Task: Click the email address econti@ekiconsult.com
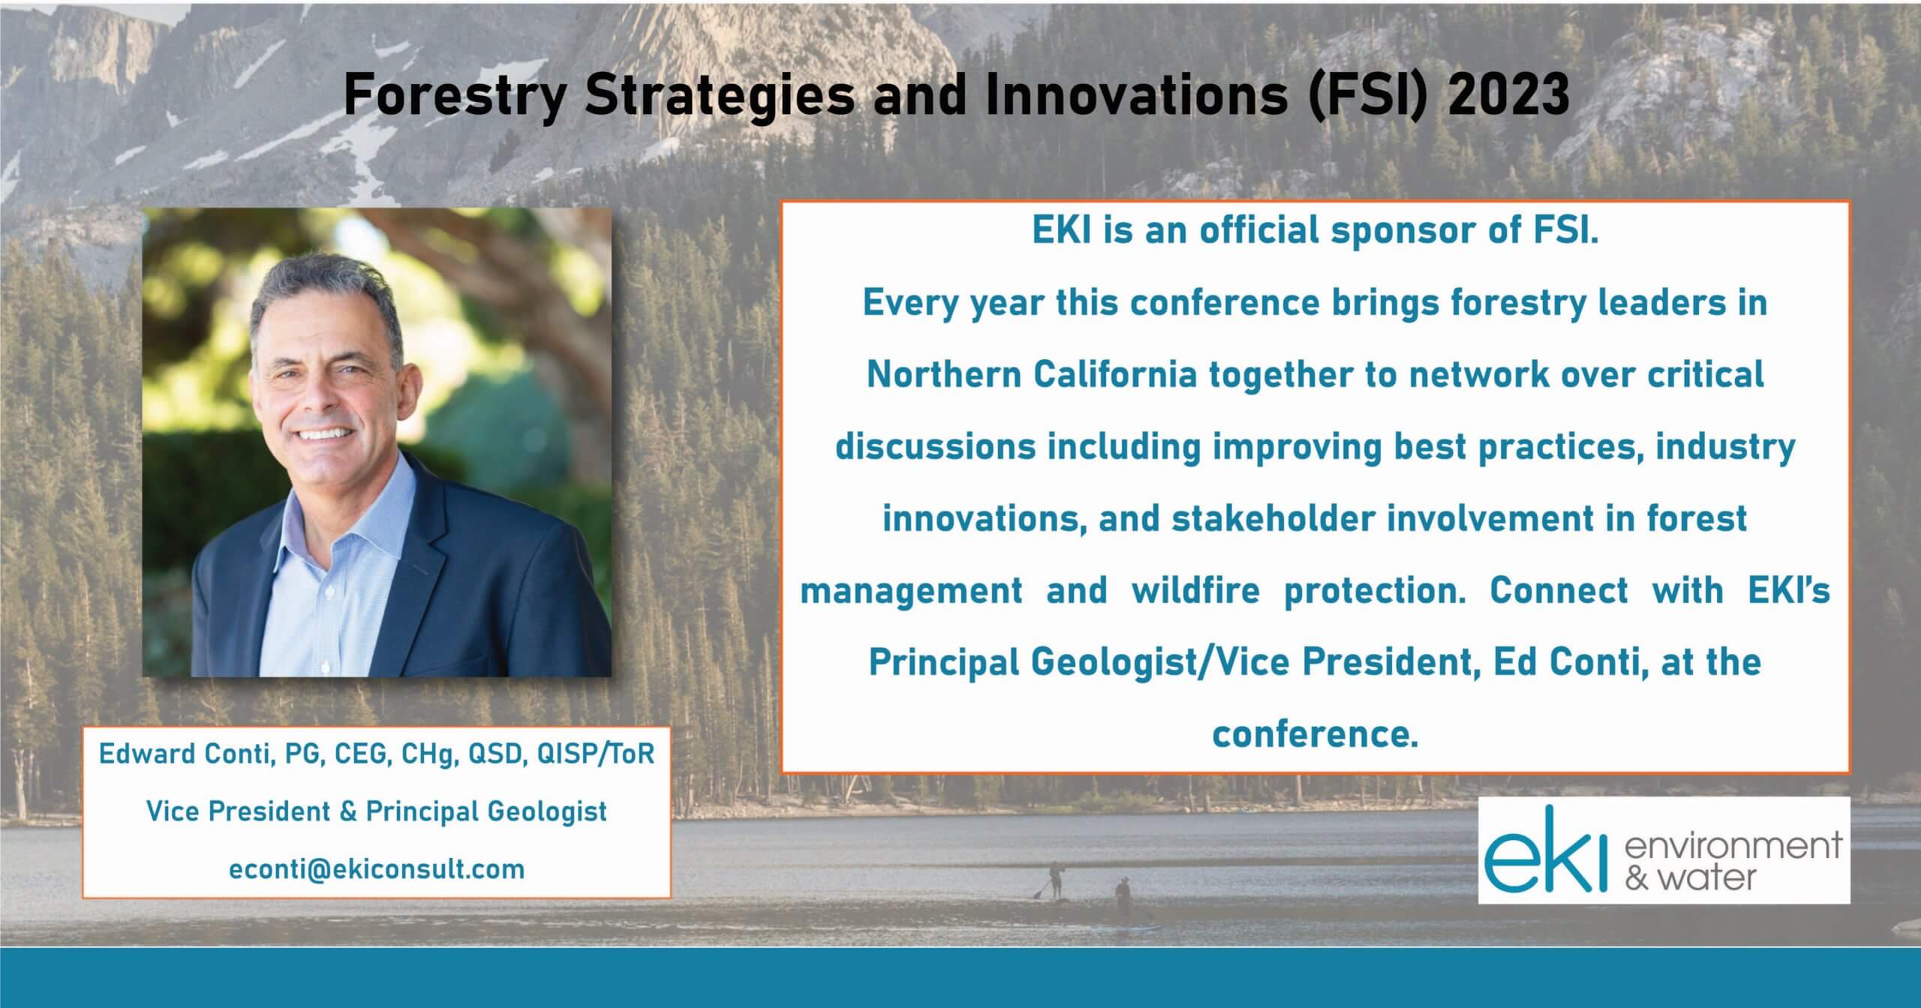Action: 377,869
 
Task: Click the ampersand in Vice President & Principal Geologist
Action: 347,811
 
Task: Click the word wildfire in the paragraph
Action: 1195,590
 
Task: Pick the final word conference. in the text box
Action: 1315,734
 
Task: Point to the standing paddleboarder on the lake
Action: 1054,879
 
